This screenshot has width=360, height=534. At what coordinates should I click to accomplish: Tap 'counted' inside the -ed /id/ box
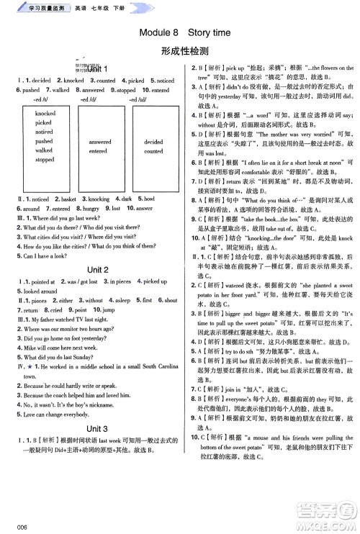point(153,152)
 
